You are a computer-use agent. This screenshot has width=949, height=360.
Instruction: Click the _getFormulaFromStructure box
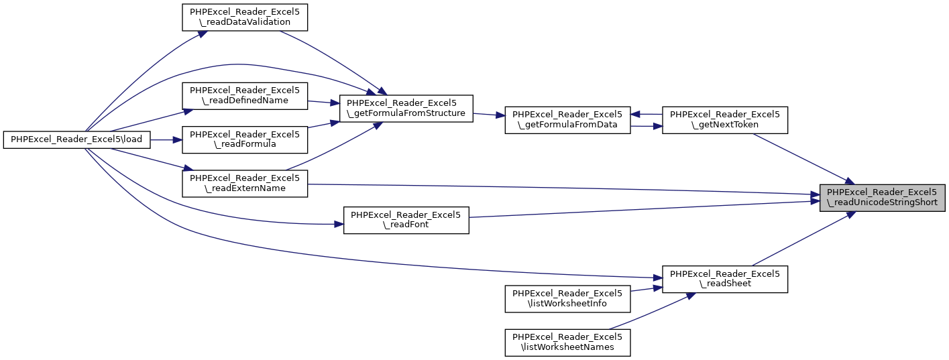406,108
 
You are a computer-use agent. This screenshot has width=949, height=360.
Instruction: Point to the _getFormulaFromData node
567,120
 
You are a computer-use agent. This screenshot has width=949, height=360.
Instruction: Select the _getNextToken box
724,120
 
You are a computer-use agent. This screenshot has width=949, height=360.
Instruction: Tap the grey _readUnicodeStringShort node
882,197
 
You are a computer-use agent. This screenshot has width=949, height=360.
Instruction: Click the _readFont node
406,220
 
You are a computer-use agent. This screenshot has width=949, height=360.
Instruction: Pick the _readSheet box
724,279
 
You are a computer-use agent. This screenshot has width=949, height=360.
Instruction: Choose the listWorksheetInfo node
567,298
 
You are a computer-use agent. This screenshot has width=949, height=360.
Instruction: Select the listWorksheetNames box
567,342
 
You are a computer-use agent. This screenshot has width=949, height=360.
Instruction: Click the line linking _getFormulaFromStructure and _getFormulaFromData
489,115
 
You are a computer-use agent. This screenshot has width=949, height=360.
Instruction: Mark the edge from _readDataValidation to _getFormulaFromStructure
329,60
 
